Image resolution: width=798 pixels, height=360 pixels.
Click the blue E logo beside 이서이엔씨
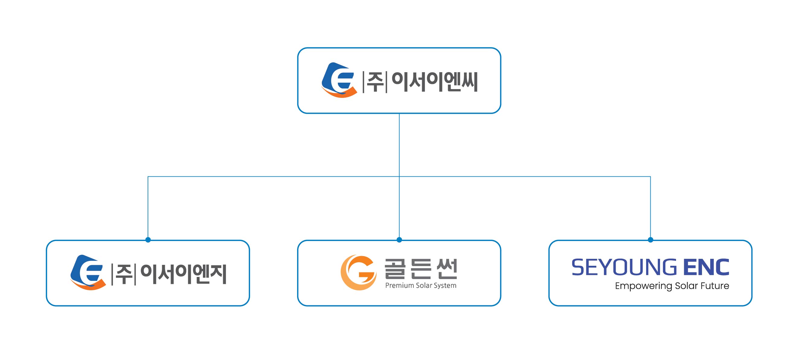tap(338, 80)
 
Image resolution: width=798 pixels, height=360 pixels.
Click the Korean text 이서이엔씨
tap(434, 82)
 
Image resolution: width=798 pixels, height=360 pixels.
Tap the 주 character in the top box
tap(375, 82)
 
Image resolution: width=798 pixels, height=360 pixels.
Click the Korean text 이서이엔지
tap(183, 274)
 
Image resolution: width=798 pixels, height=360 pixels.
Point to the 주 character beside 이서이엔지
tap(123, 274)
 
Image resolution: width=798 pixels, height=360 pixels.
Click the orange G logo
tap(358, 272)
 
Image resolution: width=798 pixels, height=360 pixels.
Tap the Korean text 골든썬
tap(421, 268)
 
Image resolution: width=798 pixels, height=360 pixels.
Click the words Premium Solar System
tap(421, 285)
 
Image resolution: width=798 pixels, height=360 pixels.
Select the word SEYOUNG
tap(624, 267)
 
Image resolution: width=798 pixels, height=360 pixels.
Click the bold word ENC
tap(706, 267)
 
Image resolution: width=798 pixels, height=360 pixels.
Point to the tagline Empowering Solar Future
tap(672, 286)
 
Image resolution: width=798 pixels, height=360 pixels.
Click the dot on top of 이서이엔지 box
tap(148, 240)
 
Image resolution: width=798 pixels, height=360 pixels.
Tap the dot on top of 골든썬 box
tap(399, 240)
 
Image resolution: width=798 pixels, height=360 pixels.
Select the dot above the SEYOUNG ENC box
tap(651, 240)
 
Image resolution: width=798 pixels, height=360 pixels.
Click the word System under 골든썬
tap(445, 286)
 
